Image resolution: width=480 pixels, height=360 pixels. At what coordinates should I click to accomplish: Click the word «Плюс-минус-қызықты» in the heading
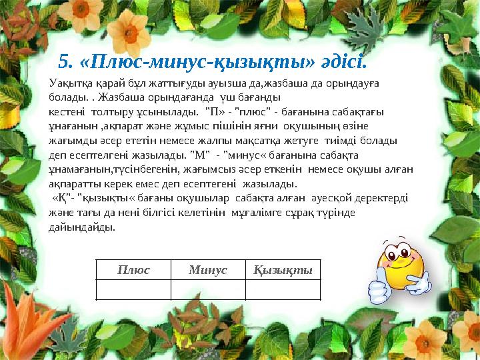click(197, 62)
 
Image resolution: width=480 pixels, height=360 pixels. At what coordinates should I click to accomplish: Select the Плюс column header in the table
click(133, 270)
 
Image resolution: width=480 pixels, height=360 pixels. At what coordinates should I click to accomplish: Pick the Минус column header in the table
click(208, 270)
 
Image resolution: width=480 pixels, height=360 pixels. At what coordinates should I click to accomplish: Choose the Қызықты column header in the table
click(283, 270)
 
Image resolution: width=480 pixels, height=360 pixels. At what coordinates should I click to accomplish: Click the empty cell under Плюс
click(133, 289)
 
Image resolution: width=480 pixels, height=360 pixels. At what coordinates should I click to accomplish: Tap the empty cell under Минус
click(208, 289)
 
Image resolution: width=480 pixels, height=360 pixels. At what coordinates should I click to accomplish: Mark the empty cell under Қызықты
click(283, 289)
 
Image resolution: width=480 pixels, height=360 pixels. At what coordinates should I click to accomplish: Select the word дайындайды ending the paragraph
click(82, 228)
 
